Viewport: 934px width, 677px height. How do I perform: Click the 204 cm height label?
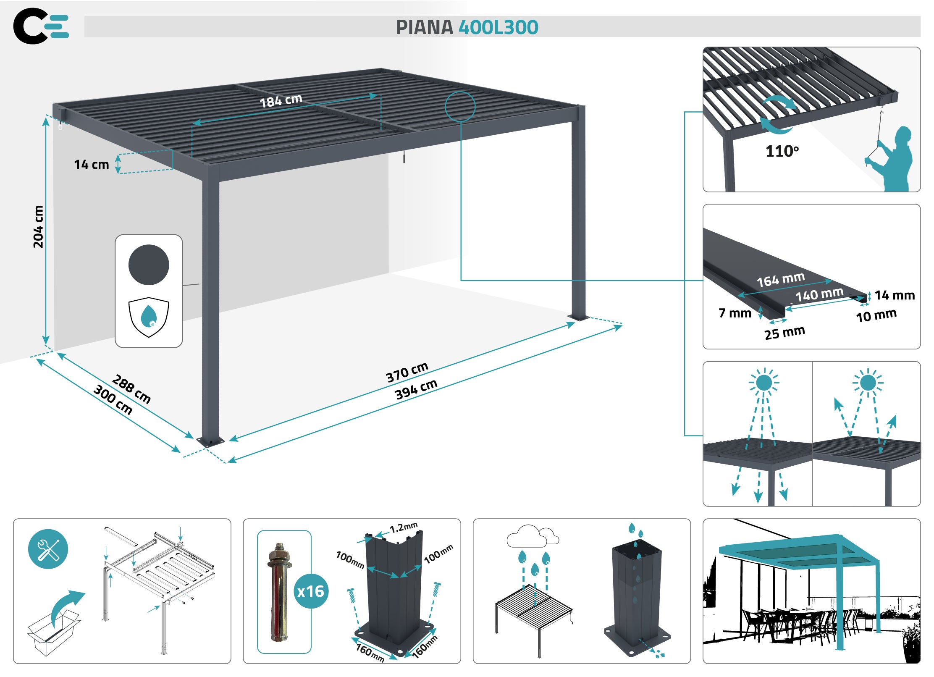tap(38, 226)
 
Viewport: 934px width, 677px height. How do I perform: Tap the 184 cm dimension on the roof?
tap(281, 101)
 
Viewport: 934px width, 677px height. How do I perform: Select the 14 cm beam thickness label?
tap(92, 164)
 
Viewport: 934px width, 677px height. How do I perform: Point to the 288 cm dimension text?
tap(131, 389)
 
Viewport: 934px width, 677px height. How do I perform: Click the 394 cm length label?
tap(416, 389)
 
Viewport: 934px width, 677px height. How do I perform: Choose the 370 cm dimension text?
tap(407, 372)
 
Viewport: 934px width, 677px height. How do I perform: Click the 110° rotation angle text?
tap(782, 151)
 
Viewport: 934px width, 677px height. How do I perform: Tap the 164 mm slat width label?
tap(780, 279)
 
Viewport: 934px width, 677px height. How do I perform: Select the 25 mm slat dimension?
tap(784, 333)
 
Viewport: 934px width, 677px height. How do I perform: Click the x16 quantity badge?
tap(311, 591)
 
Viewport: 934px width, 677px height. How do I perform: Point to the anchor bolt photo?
tap(279, 592)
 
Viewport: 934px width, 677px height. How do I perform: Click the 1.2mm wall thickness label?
tap(403, 527)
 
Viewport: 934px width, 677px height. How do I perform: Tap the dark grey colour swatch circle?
tap(149, 265)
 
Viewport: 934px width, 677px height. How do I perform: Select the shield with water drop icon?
tap(149, 317)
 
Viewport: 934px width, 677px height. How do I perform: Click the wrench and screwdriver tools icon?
tap(48, 549)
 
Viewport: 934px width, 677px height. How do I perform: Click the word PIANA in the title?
tap(425, 27)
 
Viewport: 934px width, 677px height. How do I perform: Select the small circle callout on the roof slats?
tap(460, 107)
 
